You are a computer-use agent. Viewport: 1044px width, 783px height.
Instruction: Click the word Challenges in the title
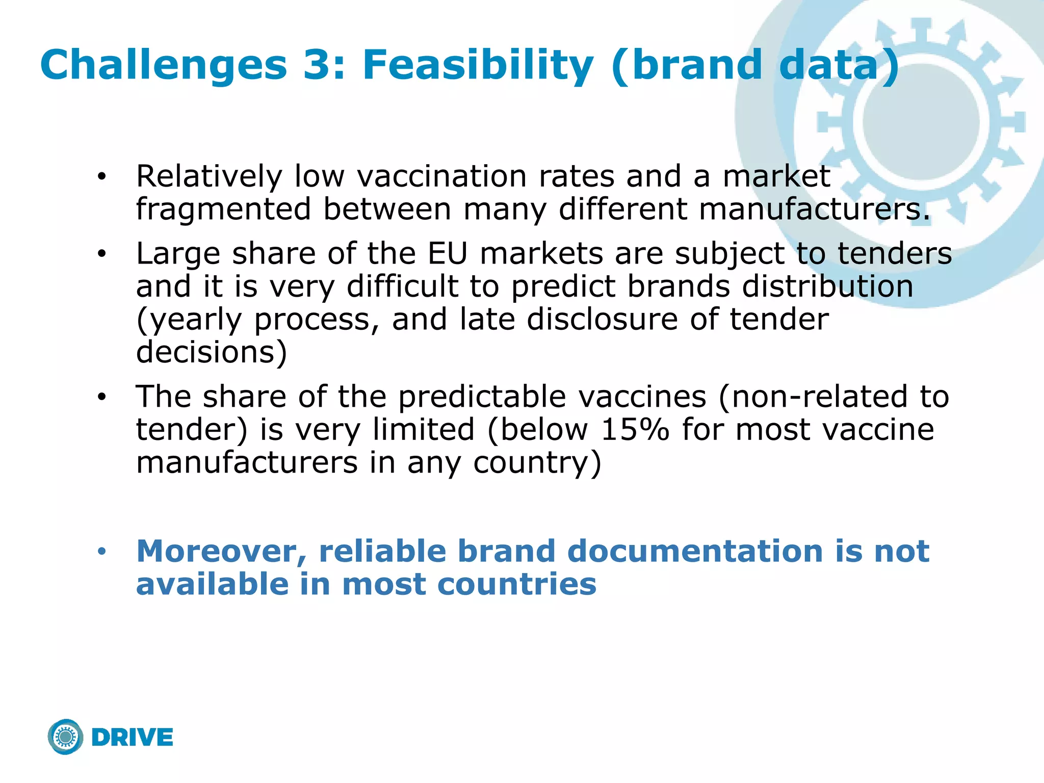coord(164,65)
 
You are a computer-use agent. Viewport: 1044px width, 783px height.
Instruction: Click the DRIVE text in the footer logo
coord(133,738)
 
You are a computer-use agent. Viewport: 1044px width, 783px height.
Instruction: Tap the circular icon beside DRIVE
coord(66,737)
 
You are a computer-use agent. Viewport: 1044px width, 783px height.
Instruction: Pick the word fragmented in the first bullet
coord(223,210)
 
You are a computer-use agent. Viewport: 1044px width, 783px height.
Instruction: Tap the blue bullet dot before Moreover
coord(102,552)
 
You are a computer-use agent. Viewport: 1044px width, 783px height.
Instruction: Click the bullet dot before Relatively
coord(102,177)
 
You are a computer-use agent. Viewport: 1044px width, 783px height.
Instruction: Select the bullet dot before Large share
coord(102,254)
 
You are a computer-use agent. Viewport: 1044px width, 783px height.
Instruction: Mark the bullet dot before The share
coord(102,397)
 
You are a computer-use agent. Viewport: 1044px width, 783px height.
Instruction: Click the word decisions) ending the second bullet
coord(212,352)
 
